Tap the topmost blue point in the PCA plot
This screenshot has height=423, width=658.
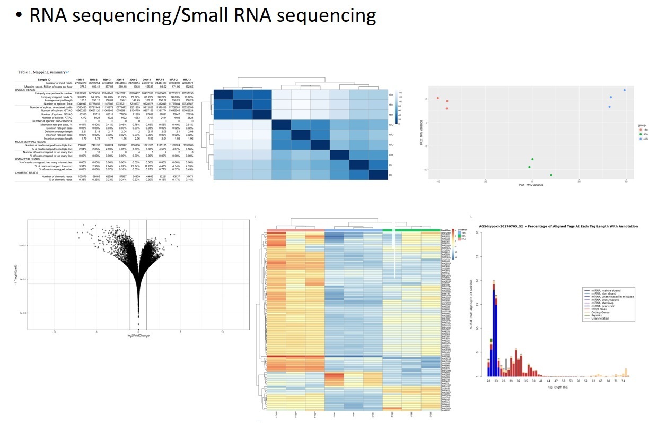[625, 90]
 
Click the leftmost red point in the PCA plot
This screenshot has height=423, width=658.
[438, 98]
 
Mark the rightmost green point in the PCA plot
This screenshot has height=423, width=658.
[551, 175]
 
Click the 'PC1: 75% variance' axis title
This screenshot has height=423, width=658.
[531, 185]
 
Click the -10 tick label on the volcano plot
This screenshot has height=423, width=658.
[55, 332]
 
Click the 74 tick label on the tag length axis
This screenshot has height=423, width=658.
[624, 381]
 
